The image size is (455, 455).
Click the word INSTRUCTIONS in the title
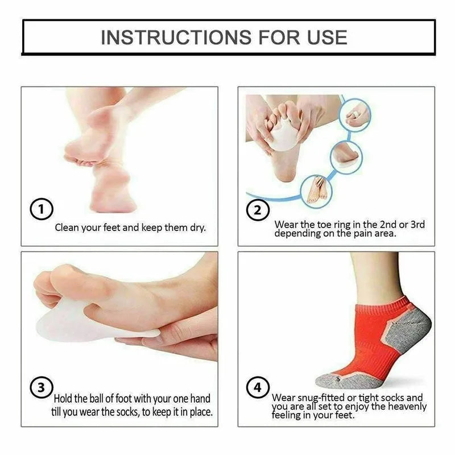(x=176, y=37)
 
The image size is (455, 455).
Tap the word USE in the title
(x=327, y=37)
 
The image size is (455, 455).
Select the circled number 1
(x=42, y=209)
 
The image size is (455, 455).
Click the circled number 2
(x=258, y=210)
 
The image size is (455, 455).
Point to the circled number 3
(x=42, y=387)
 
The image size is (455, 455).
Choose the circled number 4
(x=258, y=388)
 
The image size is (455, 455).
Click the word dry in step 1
(x=197, y=228)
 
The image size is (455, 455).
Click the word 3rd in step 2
(x=417, y=225)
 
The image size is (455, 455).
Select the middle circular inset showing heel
(x=346, y=157)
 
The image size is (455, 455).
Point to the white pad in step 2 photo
(x=283, y=138)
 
